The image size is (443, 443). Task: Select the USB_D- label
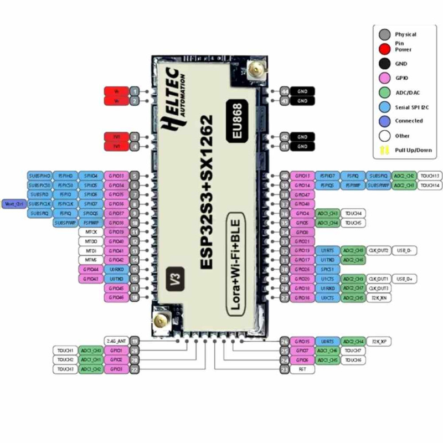[x=405, y=251]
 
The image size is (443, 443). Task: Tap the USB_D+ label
[x=405, y=279]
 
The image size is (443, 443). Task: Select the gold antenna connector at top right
[x=255, y=70]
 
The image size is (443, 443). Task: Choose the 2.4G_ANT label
[x=116, y=341]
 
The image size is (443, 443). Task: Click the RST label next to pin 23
[x=302, y=369]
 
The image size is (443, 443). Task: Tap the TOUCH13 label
[x=429, y=176]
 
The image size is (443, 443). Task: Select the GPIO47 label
[x=302, y=195]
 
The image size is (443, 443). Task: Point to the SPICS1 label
[x=302, y=269]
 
